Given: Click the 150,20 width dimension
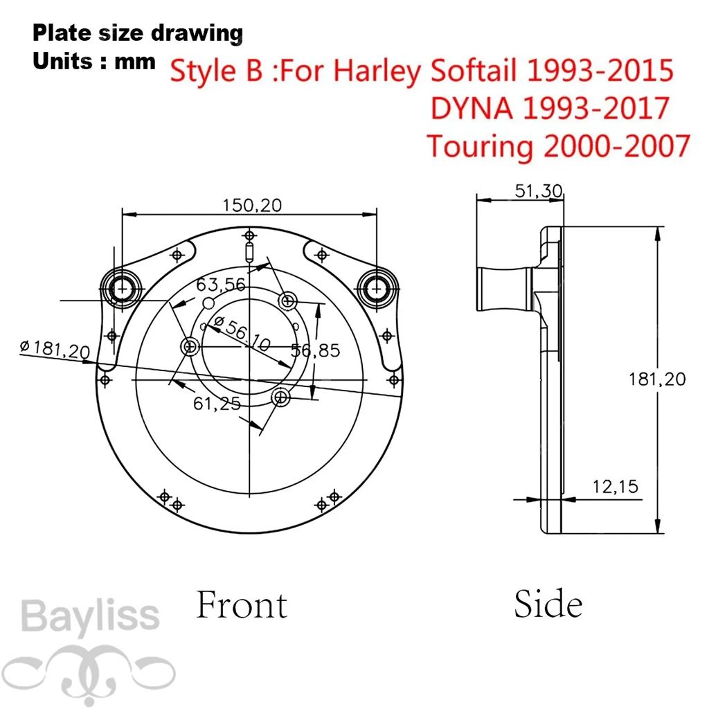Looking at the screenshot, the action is tap(252, 206).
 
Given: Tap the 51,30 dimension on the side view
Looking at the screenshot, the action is tap(539, 191).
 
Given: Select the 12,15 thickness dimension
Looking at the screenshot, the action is tap(615, 487).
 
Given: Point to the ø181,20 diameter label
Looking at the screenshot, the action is tap(55, 349).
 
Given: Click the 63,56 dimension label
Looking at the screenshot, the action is tap(221, 285).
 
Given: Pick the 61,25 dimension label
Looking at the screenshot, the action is tap(217, 404).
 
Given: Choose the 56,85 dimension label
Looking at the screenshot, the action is tap(315, 350).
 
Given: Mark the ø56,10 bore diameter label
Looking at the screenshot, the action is tap(242, 334).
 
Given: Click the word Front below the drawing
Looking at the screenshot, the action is tap(242, 604).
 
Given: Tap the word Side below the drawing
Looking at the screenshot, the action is tap(548, 603).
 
